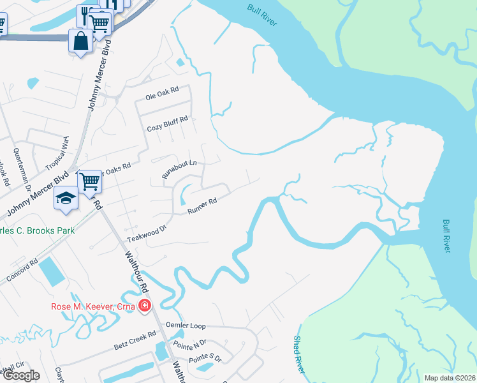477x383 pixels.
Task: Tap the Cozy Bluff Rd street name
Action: point(167,122)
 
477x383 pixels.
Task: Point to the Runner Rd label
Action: point(202,206)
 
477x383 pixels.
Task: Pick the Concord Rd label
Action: point(22,271)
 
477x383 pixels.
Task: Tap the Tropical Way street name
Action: point(57,154)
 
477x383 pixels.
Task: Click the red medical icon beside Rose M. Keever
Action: point(145,306)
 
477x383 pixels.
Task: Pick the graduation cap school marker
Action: point(66,199)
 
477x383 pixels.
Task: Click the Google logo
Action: point(20,375)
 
